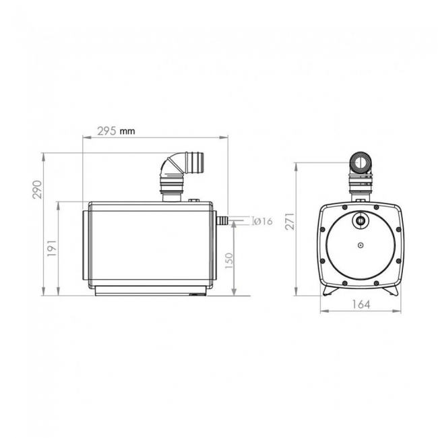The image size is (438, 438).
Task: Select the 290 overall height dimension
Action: (x=38, y=190)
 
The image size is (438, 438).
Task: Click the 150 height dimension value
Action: (x=229, y=259)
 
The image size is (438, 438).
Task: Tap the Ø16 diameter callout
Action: (x=262, y=222)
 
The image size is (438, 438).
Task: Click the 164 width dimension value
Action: (x=362, y=304)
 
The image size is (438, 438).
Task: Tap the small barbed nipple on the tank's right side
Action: (x=220, y=220)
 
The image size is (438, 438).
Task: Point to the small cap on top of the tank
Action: (x=195, y=199)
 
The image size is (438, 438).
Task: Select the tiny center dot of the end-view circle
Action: (x=362, y=245)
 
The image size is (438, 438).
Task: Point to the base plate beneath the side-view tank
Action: (x=151, y=290)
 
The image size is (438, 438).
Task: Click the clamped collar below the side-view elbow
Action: (x=170, y=188)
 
